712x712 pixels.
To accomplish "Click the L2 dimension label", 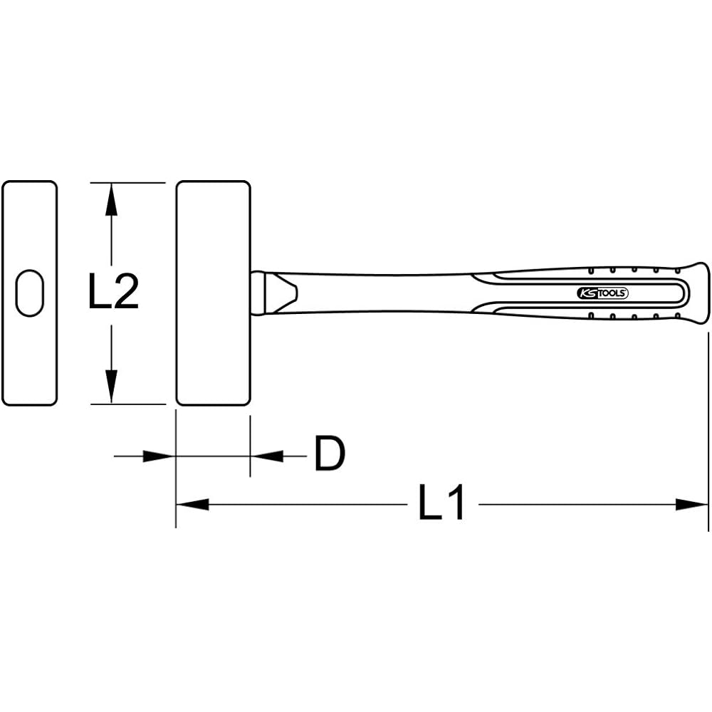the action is pyautogui.click(x=113, y=291).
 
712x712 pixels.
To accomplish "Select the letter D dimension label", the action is pyautogui.click(x=330, y=453).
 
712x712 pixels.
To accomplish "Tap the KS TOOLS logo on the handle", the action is pyautogui.click(x=602, y=293).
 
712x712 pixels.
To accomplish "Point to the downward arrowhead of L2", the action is pyautogui.click(x=111, y=387).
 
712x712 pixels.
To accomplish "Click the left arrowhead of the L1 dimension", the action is pyautogui.click(x=192, y=504).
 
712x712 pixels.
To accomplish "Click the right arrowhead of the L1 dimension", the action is pyautogui.click(x=691, y=504).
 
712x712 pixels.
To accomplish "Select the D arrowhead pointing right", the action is pyautogui.click(x=159, y=456).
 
